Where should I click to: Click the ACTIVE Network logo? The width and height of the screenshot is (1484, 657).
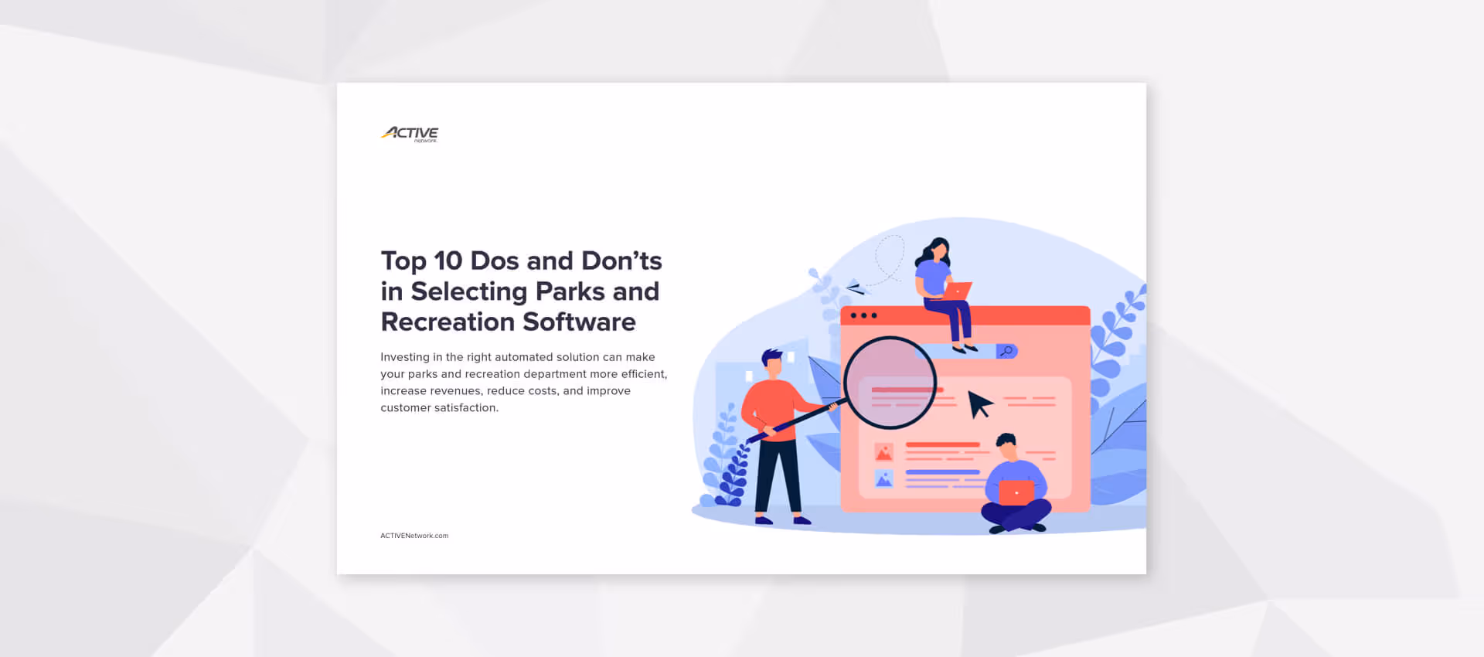click(410, 134)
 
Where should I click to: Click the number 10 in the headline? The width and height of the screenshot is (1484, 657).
click(448, 261)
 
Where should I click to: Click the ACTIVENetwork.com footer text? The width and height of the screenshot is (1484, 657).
click(414, 536)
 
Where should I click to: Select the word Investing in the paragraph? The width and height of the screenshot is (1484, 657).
click(404, 357)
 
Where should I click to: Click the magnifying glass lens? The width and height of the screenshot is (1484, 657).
click(890, 382)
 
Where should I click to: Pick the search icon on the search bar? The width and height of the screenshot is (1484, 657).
click(1006, 352)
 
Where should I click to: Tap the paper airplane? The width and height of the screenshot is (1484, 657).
click(856, 288)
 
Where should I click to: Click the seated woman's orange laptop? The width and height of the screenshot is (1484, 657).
click(958, 291)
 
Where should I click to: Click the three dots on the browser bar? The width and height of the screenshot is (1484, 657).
click(863, 315)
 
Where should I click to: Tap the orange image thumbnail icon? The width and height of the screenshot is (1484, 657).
click(883, 452)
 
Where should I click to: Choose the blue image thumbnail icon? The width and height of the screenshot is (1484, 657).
click(883, 479)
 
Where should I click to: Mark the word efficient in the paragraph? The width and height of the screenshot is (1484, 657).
click(643, 374)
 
